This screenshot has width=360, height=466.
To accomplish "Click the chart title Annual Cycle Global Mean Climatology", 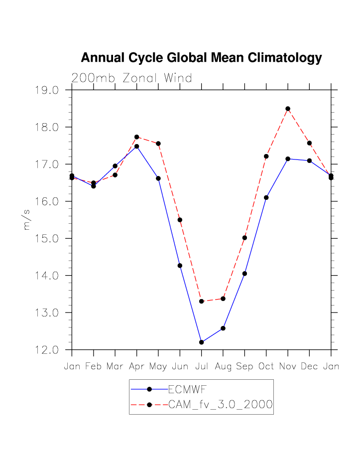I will click(201, 58).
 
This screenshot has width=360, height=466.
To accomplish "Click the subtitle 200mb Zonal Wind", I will click(131, 78).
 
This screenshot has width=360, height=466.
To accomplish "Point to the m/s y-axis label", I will click(27, 219).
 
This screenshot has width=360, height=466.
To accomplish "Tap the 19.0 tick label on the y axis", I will click(47, 90).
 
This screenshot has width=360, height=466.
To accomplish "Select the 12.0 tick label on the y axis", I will click(47, 350).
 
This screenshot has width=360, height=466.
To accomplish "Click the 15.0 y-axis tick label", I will click(47, 238).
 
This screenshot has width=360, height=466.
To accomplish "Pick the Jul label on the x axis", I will click(201, 367).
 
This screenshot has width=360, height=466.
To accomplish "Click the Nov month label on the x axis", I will click(287, 367).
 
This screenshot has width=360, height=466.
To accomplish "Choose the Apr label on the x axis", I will click(136, 367).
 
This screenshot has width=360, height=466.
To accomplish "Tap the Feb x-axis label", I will click(93, 367).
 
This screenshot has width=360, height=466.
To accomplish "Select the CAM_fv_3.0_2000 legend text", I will click(221, 405).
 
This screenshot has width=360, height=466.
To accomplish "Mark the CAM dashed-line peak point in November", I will click(288, 109).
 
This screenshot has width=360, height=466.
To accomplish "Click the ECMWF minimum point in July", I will click(201, 342).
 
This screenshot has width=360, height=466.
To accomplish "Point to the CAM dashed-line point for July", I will click(201, 302).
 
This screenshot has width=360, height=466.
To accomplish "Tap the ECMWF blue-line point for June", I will click(180, 266).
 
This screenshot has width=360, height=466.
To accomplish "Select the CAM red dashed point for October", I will click(266, 156).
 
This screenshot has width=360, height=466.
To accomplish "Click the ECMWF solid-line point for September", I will click(244, 274).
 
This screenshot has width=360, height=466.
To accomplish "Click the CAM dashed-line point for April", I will click(136, 137).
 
